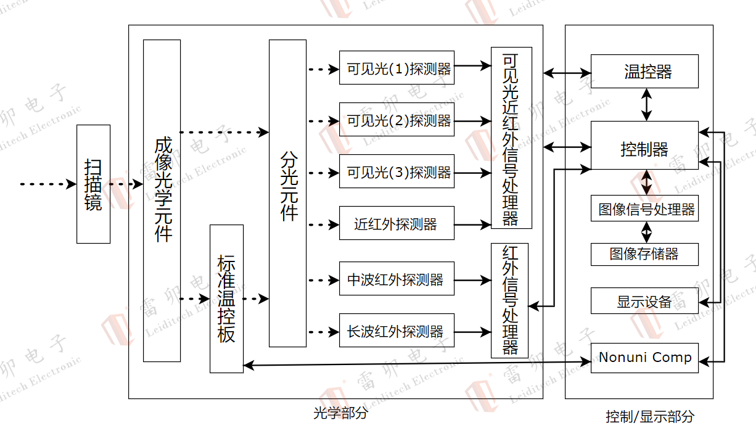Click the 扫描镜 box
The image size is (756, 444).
(93, 184)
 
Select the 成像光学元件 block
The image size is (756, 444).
(162, 200)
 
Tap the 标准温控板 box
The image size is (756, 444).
(226, 298)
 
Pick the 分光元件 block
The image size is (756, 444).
(287, 193)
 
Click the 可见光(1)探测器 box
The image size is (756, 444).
(396, 68)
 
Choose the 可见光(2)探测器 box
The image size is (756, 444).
(396, 120)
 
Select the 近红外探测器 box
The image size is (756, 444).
(396, 223)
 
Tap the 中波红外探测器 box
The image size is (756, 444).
(396, 279)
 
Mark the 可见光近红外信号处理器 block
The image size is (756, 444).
(511, 138)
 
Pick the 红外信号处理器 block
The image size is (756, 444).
(510, 300)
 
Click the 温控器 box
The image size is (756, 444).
(644, 72)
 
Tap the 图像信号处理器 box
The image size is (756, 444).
(644, 209)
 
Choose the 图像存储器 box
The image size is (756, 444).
(644, 254)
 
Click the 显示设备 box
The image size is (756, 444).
(644, 301)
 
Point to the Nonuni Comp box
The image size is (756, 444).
(644, 358)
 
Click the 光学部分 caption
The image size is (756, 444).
(340, 413)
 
